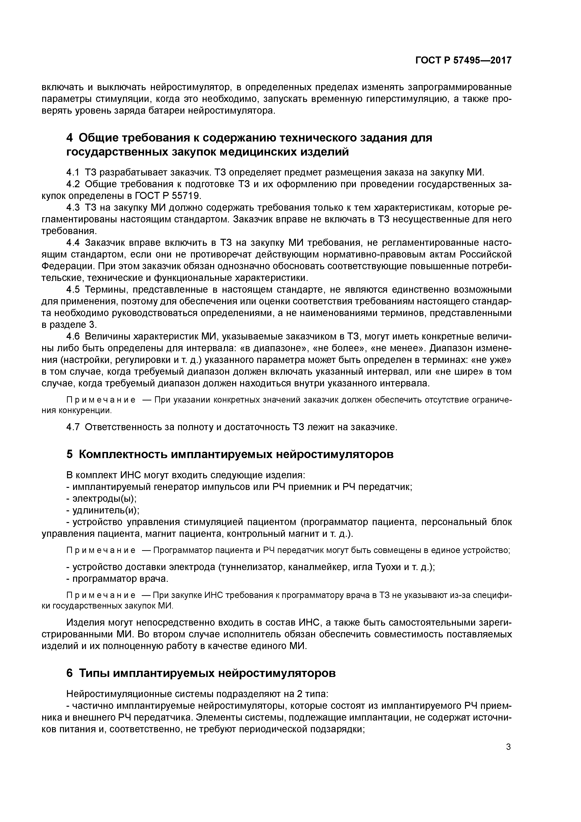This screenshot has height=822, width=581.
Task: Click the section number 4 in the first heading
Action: click(70, 138)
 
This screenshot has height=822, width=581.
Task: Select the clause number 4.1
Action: click(73, 172)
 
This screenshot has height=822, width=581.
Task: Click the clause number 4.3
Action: click(73, 208)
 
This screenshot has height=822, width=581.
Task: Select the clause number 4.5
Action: click(73, 289)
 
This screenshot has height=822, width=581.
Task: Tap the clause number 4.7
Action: click(73, 427)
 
